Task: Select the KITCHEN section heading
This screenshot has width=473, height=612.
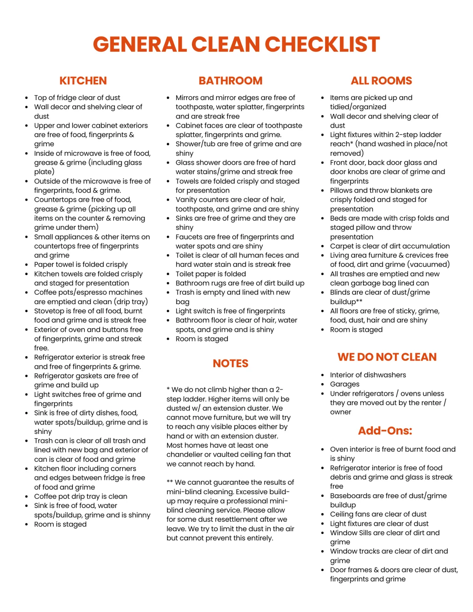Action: [83, 81]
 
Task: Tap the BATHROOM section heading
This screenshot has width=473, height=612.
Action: [230, 81]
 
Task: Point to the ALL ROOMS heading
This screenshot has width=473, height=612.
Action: [381, 81]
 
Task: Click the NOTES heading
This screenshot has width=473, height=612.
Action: [230, 363]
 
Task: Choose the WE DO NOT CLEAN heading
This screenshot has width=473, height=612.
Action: [387, 357]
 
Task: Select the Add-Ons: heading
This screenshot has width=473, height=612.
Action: [385, 431]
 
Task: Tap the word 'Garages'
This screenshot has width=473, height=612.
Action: [345, 384]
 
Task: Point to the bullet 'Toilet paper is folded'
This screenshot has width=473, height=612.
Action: [210, 274]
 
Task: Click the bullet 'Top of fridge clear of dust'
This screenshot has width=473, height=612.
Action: [77, 98]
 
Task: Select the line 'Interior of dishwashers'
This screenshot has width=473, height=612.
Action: [368, 375]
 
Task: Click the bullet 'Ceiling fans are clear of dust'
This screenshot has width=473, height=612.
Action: [378, 514]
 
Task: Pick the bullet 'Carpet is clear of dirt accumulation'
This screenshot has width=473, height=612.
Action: [389, 246]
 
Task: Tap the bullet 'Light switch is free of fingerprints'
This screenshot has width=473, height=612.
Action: [230, 311]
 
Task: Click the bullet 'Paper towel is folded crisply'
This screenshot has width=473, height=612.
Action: [81, 264]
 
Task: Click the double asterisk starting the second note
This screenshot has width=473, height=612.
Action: [170, 482]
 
